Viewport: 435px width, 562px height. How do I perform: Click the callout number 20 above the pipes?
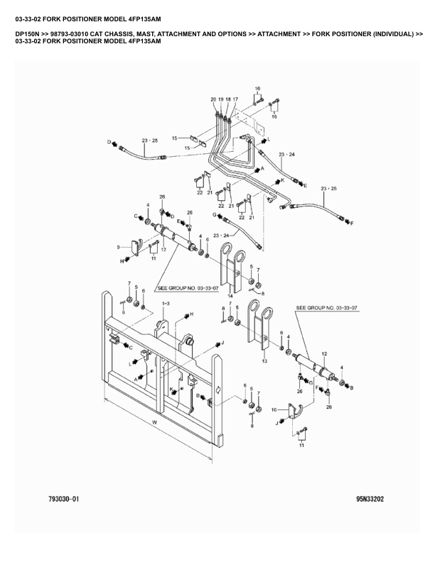coord(213,99)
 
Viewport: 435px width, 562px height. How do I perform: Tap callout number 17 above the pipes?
coord(235,99)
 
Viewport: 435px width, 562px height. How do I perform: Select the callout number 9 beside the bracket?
coord(118,247)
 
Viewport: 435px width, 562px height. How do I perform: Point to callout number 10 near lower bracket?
coord(274,409)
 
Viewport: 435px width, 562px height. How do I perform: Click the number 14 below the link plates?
coord(230,296)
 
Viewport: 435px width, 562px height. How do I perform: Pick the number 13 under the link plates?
coord(264,361)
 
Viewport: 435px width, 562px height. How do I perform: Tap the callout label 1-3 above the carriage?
coord(166,304)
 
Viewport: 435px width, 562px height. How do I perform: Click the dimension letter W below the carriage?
coord(155,422)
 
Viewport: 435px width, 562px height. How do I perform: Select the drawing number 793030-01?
coord(63,499)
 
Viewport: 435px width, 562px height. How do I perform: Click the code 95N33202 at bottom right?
coord(370,499)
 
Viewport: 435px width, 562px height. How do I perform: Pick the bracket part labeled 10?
coord(295,412)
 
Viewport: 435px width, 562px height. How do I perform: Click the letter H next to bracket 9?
coord(122,261)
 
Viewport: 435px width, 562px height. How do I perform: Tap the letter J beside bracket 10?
coord(276,424)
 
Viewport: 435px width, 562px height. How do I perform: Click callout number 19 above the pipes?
coord(221,99)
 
